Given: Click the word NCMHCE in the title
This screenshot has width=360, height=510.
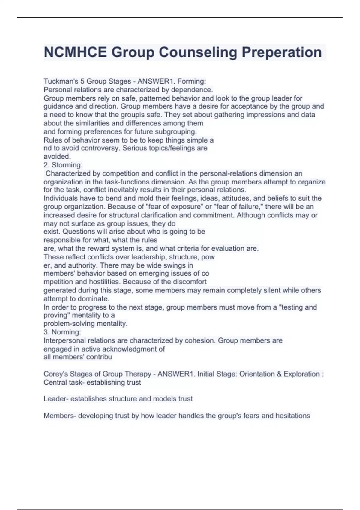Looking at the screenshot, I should tap(75, 52).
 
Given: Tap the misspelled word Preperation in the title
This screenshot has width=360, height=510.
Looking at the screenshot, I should tap(282, 52).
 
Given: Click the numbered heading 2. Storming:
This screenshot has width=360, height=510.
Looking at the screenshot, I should tap(63, 165).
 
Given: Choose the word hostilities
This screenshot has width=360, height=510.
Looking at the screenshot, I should tap(105, 282).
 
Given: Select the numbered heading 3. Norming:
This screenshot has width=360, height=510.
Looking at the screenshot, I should tap(62, 332).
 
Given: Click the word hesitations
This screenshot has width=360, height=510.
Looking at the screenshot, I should tap(293, 415).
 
